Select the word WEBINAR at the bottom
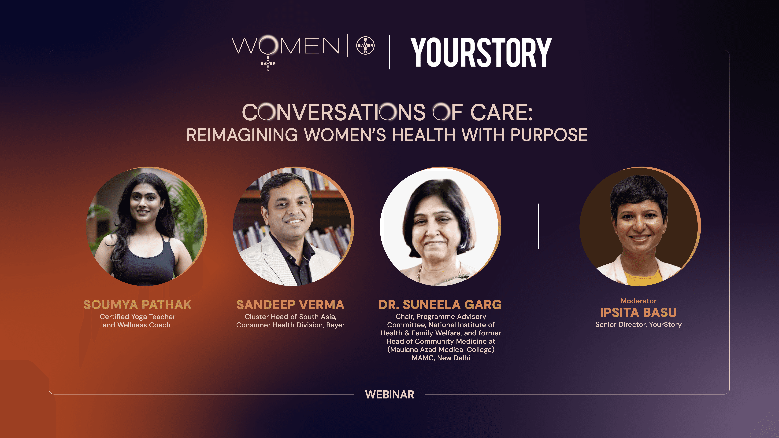click(x=389, y=394)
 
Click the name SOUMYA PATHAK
click(x=138, y=305)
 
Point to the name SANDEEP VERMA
click(x=290, y=305)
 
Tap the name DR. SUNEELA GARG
click(x=440, y=305)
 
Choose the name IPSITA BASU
click(x=638, y=313)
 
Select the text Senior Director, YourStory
click(x=638, y=325)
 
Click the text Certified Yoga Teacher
click(x=138, y=317)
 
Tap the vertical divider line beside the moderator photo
click(x=538, y=226)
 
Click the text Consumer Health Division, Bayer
click(x=290, y=325)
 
